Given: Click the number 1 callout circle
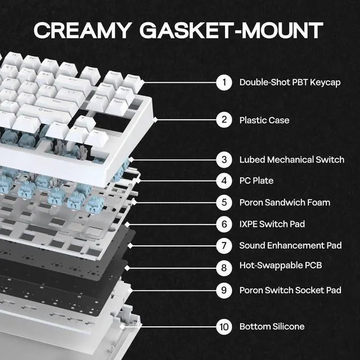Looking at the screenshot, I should point(224,83).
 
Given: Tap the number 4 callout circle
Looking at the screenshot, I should point(224,181).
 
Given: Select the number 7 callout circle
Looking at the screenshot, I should point(224,246).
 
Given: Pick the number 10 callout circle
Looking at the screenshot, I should point(224,327).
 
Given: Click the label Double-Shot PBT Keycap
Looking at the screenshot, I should point(290,83).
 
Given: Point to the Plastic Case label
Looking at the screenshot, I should point(264,120).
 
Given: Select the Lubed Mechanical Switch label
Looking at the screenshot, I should point(291,160).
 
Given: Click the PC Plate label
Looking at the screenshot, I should point(256,181).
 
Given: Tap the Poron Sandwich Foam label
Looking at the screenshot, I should point(285,202).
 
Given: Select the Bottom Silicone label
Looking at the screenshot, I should point(272,327).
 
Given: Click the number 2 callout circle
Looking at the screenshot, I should point(224,120).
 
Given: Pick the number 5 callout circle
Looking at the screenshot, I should point(224,202).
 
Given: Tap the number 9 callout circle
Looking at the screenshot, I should point(224,290).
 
